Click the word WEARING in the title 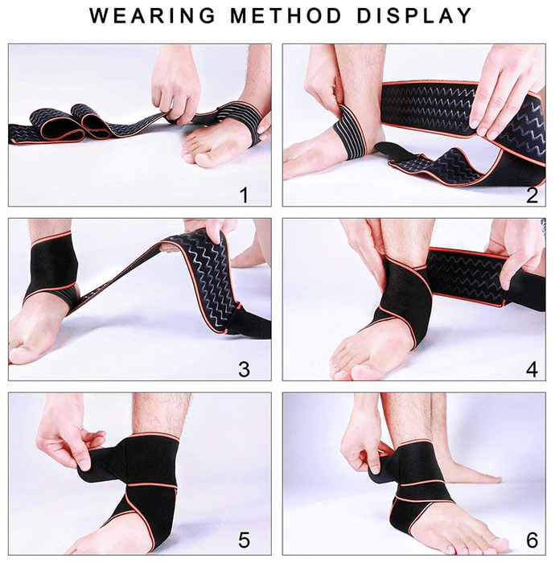click(x=153, y=16)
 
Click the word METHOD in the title click(x=286, y=16)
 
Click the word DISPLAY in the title click(x=414, y=16)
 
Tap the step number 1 click(x=244, y=195)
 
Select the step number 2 click(x=532, y=195)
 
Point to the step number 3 click(x=244, y=369)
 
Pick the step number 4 click(x=532, y=369)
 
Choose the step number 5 click(x=244, y=540)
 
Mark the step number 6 click(x=532, y=540)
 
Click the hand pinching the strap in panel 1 click(x=175, y=86)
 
